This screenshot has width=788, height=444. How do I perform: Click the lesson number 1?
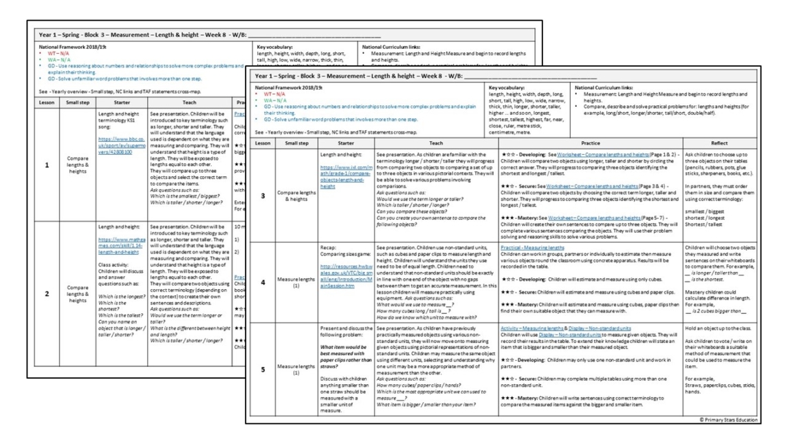(46, 165)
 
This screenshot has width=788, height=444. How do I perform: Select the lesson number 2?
(46, 293)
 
